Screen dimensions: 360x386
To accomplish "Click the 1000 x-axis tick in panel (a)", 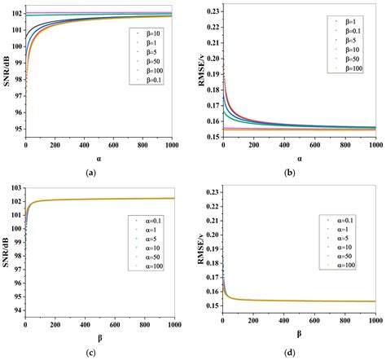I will click(x=181, y=143).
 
